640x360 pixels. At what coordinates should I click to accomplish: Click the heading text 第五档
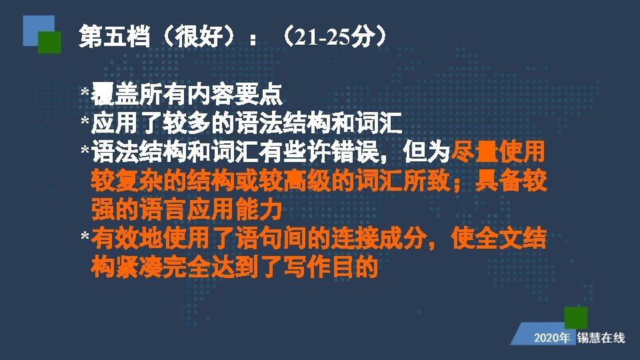click(x=115, y=36)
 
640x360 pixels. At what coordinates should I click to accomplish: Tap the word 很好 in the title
click(x=199, y=36)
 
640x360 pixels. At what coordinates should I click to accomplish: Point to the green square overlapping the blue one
click(x=50, y=43)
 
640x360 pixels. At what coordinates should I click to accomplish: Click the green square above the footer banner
click(x=576, y=318)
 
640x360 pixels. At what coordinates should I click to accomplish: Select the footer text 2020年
click(x=552, y=338)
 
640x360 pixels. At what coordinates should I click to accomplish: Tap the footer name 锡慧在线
click(x=601, y=338)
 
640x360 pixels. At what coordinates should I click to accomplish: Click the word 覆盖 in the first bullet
click(x=115, y=94)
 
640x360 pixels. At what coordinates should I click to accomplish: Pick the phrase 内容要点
click(x=234, y=94)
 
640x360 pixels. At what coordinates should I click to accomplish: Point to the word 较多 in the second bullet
click(x=187, y=123)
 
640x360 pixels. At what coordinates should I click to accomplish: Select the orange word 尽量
click(x=474, y=152)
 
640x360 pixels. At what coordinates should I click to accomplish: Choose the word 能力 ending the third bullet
click(x=259, y=210)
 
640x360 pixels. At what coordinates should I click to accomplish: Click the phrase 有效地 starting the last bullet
click(x=127, y=239)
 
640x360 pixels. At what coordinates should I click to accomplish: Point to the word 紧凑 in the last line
click(x=139, y=267)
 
